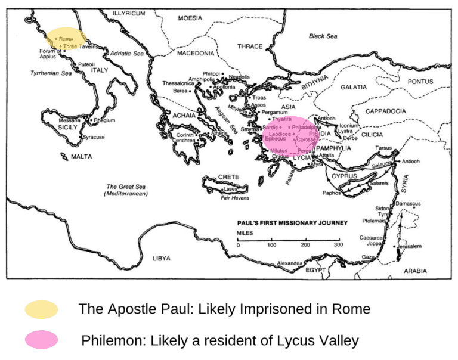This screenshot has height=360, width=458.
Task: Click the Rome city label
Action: point(66,39)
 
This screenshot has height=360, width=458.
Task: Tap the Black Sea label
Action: point(323,36)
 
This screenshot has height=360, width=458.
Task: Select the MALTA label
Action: point(81,157)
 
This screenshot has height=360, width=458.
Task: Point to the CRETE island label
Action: point(228,178)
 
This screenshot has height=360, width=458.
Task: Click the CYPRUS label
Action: point(344,176)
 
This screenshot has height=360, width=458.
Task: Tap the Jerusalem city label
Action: point(410,246)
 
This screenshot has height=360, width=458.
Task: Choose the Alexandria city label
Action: point(290,263)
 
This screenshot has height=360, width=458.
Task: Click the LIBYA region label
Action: point(162,258)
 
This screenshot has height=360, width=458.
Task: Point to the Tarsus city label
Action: point(383,148)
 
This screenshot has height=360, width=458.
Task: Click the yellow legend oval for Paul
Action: point(42,309)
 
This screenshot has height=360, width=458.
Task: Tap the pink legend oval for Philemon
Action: point(42,340)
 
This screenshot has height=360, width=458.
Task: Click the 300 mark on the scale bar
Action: point(339,245)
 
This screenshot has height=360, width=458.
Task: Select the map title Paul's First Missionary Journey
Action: point(292,223)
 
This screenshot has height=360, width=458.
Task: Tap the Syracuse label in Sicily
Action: point(94,137)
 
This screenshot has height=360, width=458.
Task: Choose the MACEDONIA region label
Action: point(196,54)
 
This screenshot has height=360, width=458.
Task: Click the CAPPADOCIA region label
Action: point(385,111)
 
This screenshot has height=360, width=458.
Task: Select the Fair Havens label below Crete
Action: point(234,197)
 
